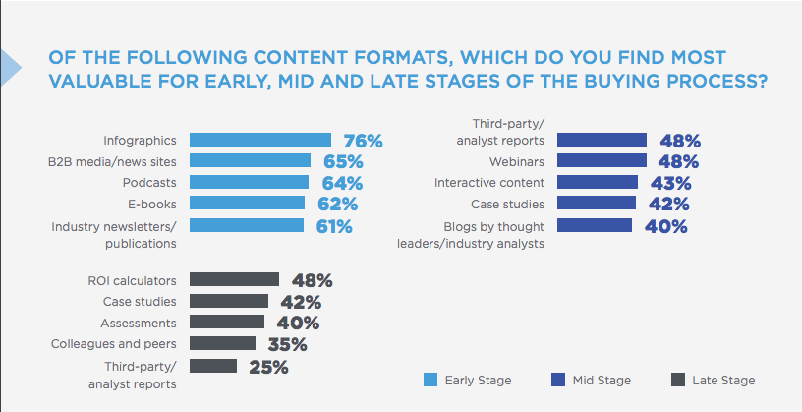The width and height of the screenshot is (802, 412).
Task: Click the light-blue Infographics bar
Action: pyautogui.click(x=259, y=140)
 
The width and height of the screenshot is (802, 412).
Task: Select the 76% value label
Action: pyautogui.click(x=363, y=141)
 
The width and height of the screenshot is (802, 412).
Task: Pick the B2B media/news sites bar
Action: pyautogui.click(x=250, y=161)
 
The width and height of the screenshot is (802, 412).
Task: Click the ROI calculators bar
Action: pyautogui.click(x=234, y=280)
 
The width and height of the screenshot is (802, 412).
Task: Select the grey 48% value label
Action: pyautogui.click(x=313, y=281)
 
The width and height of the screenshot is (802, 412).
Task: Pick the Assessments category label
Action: pyautogui.click(x=139, y=323)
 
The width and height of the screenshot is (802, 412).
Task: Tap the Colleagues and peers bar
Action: pyautogui.click(x=222, y=344)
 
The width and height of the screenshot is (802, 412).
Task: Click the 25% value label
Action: pyautogui.click(x=267, y=367)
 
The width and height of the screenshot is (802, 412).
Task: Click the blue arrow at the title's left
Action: pyautogui.click(x=9, y=65)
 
